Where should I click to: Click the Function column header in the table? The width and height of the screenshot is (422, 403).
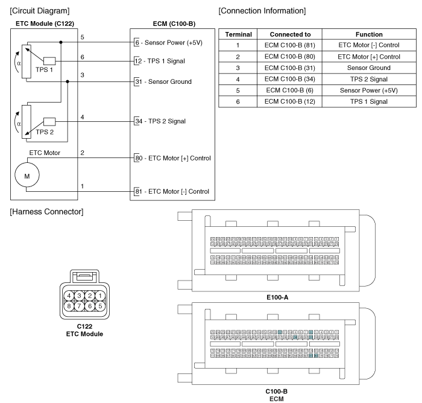coord(370,34)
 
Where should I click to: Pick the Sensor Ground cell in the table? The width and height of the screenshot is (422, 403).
coord(370,68)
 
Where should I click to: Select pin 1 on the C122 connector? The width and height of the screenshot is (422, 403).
coord(99,296)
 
